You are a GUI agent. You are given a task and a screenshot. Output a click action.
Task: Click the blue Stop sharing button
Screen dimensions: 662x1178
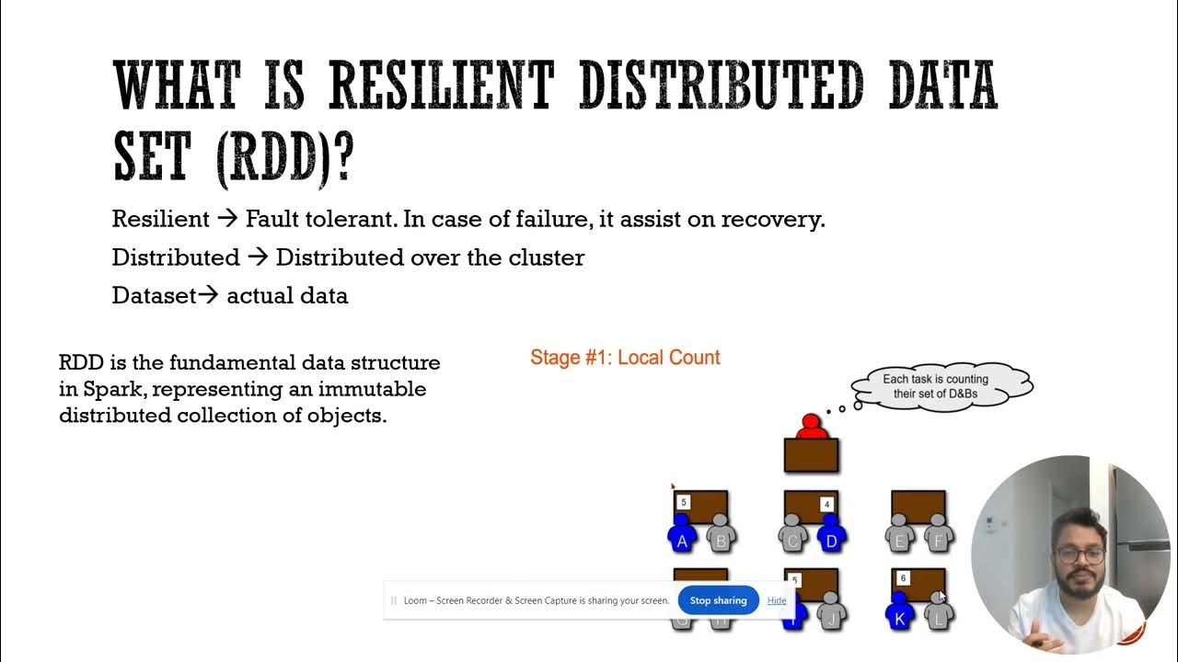pos(718,600)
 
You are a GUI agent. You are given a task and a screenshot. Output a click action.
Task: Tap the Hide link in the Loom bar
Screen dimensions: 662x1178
pos(777,600)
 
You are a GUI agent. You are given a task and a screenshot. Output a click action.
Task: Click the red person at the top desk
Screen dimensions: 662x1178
pos(811,428)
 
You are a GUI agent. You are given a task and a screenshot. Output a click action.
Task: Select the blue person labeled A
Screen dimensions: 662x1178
pos(682,536)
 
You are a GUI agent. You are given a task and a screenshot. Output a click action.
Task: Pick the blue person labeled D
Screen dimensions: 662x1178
pos(832,536)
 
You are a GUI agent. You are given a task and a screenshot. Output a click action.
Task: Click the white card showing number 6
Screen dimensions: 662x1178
pos(903,578)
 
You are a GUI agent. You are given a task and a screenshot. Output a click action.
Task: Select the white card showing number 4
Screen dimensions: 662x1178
pos(827,504)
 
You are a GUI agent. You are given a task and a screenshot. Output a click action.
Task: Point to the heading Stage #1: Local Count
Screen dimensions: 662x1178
pos(625,358)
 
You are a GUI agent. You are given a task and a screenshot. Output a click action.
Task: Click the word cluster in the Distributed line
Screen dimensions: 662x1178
pos(547,257)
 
